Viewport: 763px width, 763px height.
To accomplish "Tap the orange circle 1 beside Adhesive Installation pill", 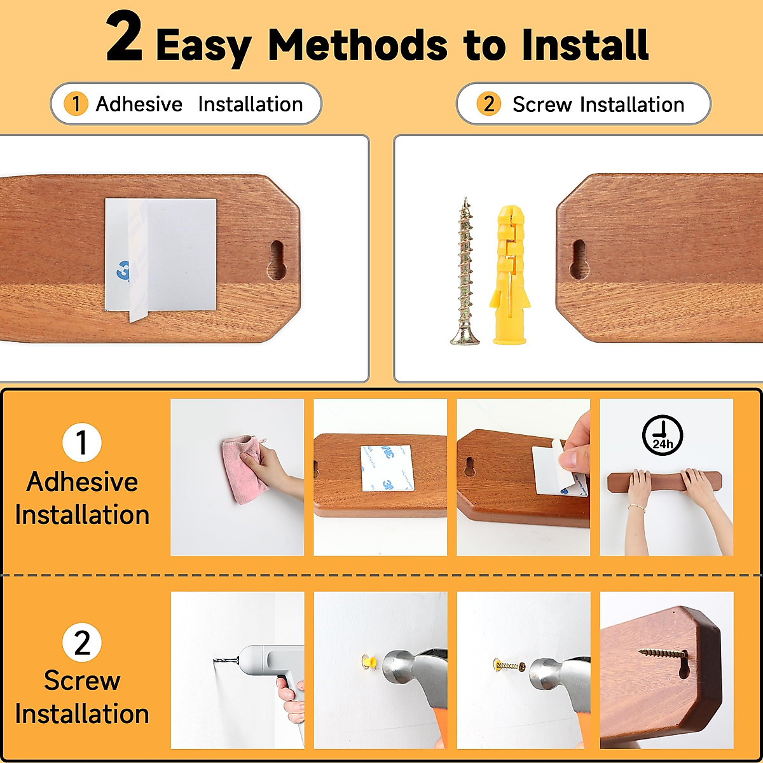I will pyautogui.click(x=76, y=104).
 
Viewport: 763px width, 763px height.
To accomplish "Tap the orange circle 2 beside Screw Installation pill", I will pyautogui.click(x=488, y=104).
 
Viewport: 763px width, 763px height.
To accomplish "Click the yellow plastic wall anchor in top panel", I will pyautogui.click(x=509, y=273).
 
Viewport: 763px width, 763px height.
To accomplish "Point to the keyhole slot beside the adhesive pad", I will pyautogui.click(x=277, y=260).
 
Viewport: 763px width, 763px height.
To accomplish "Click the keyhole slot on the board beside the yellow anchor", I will pyautogui.click(x=579, y=259).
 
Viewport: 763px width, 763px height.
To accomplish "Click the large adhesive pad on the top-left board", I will pyautogui.click(x=161, y=254).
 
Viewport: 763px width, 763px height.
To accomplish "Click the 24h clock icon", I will pyautogui.click(x=662, y=436).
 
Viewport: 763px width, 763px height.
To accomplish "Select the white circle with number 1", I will pyautogui.click(x=82, y=443).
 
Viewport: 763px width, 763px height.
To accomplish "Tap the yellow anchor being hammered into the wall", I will pyautogui.click(x=367, y=661).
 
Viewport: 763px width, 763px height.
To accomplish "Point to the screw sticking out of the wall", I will pyautogui.click(x=509, y=666).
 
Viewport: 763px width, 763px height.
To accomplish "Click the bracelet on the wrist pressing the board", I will pyautogui.click(x=636, y=507).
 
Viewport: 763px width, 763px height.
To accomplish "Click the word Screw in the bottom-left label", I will pyautogui.click(x=82, y=681).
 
